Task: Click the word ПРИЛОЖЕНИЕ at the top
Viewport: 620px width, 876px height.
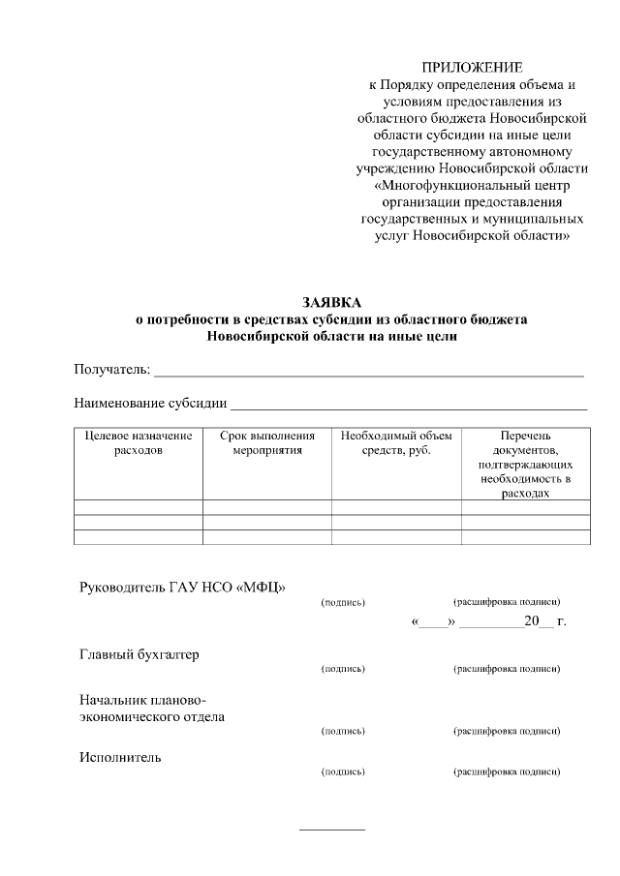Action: pos(472,68)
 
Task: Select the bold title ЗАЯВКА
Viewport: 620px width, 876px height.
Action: pos(330,303)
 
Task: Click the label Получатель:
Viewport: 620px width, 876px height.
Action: pos(112,370)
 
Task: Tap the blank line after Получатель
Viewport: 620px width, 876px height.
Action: pos(368,373)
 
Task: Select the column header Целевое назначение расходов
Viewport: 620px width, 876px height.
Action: pos(138,442)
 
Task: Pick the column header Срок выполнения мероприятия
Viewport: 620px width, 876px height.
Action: pos(267,442)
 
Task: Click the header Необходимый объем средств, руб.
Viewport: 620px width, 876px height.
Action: pos(396,442)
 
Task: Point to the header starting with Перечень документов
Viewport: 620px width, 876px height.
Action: pos(525,464)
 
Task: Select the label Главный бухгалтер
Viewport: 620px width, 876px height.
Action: pos(139,654)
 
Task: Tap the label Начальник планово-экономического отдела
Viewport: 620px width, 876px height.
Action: pos(151,709)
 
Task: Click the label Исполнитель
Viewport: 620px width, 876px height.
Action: pos(119,757)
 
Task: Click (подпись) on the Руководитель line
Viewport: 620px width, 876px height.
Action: pos(342,602)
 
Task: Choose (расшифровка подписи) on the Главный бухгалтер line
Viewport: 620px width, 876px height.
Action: pos(507,669)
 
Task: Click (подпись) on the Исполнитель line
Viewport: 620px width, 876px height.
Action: pos(342,771)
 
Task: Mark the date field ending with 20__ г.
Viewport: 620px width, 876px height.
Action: pos(489,621)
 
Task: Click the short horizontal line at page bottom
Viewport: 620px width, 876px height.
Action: pos(332,830)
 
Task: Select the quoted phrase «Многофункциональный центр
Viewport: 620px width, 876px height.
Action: pos(472,185)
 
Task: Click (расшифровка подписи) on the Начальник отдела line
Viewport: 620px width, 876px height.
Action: pos(507,731)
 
